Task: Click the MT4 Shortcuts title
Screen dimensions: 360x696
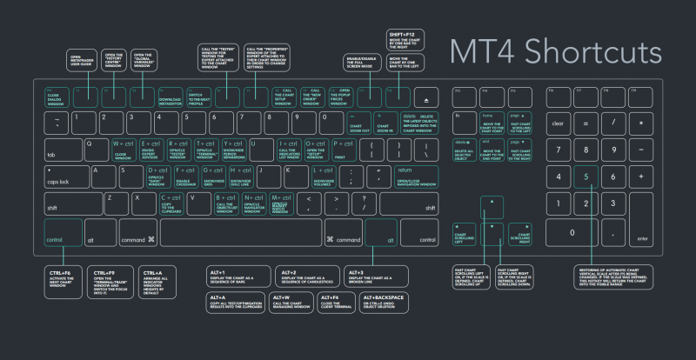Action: point(556,51)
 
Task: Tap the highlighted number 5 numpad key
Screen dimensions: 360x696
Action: point(585,177)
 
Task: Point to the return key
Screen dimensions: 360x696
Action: point(416,177)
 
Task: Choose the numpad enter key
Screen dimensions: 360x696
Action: point(643,219)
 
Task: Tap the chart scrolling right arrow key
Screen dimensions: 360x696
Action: point(523,233)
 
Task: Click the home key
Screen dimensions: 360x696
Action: point(493,123)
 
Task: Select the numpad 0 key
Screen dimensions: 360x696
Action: point(572,233)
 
